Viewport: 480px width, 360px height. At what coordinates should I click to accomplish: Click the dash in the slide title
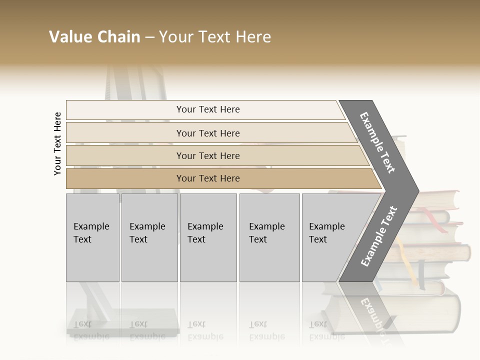click(149, 37)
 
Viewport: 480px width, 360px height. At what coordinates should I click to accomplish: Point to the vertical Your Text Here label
click(57, 143)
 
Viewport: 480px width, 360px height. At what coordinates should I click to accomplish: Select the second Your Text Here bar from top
click(207, 133)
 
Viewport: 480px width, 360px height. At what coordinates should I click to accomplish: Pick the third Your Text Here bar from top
click(207, 155)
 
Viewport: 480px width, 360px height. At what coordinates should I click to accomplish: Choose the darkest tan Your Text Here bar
click(207, 178)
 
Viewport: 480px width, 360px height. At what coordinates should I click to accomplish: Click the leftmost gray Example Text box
click(92, 237)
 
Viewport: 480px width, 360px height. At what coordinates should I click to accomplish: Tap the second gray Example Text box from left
click(149, 237)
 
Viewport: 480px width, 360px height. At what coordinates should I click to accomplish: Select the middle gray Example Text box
click(208, 237)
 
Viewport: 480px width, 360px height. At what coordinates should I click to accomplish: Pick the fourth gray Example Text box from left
click(269, 237)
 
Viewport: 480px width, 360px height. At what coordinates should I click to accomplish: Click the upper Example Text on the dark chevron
click(378, 142)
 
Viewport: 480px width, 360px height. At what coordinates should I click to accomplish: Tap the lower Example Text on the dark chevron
click(379, 236)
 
